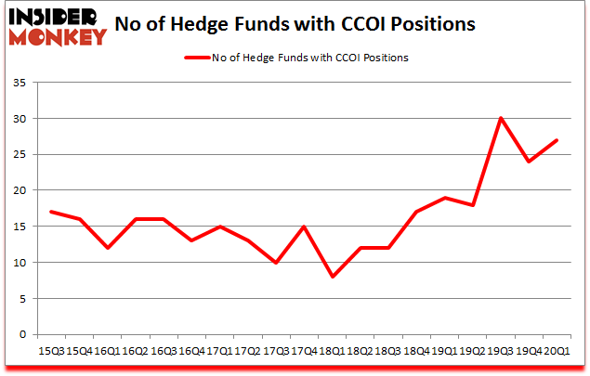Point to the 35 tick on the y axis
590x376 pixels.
tap(19, 83)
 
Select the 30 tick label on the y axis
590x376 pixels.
tap(19, 119)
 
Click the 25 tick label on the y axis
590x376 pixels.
tap(19, 154)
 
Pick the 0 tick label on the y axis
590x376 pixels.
tap(22, 334)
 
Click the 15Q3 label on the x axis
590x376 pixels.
tap(50, 352)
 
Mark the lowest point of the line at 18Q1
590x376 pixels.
tap(331, 277)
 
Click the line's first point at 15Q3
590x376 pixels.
tap(51, 212)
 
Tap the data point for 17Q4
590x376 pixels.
tap(303, 227)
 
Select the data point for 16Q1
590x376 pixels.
tap(107, 248)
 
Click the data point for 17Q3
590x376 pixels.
tap(275, 263)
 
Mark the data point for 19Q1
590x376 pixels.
tap(443, 198)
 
